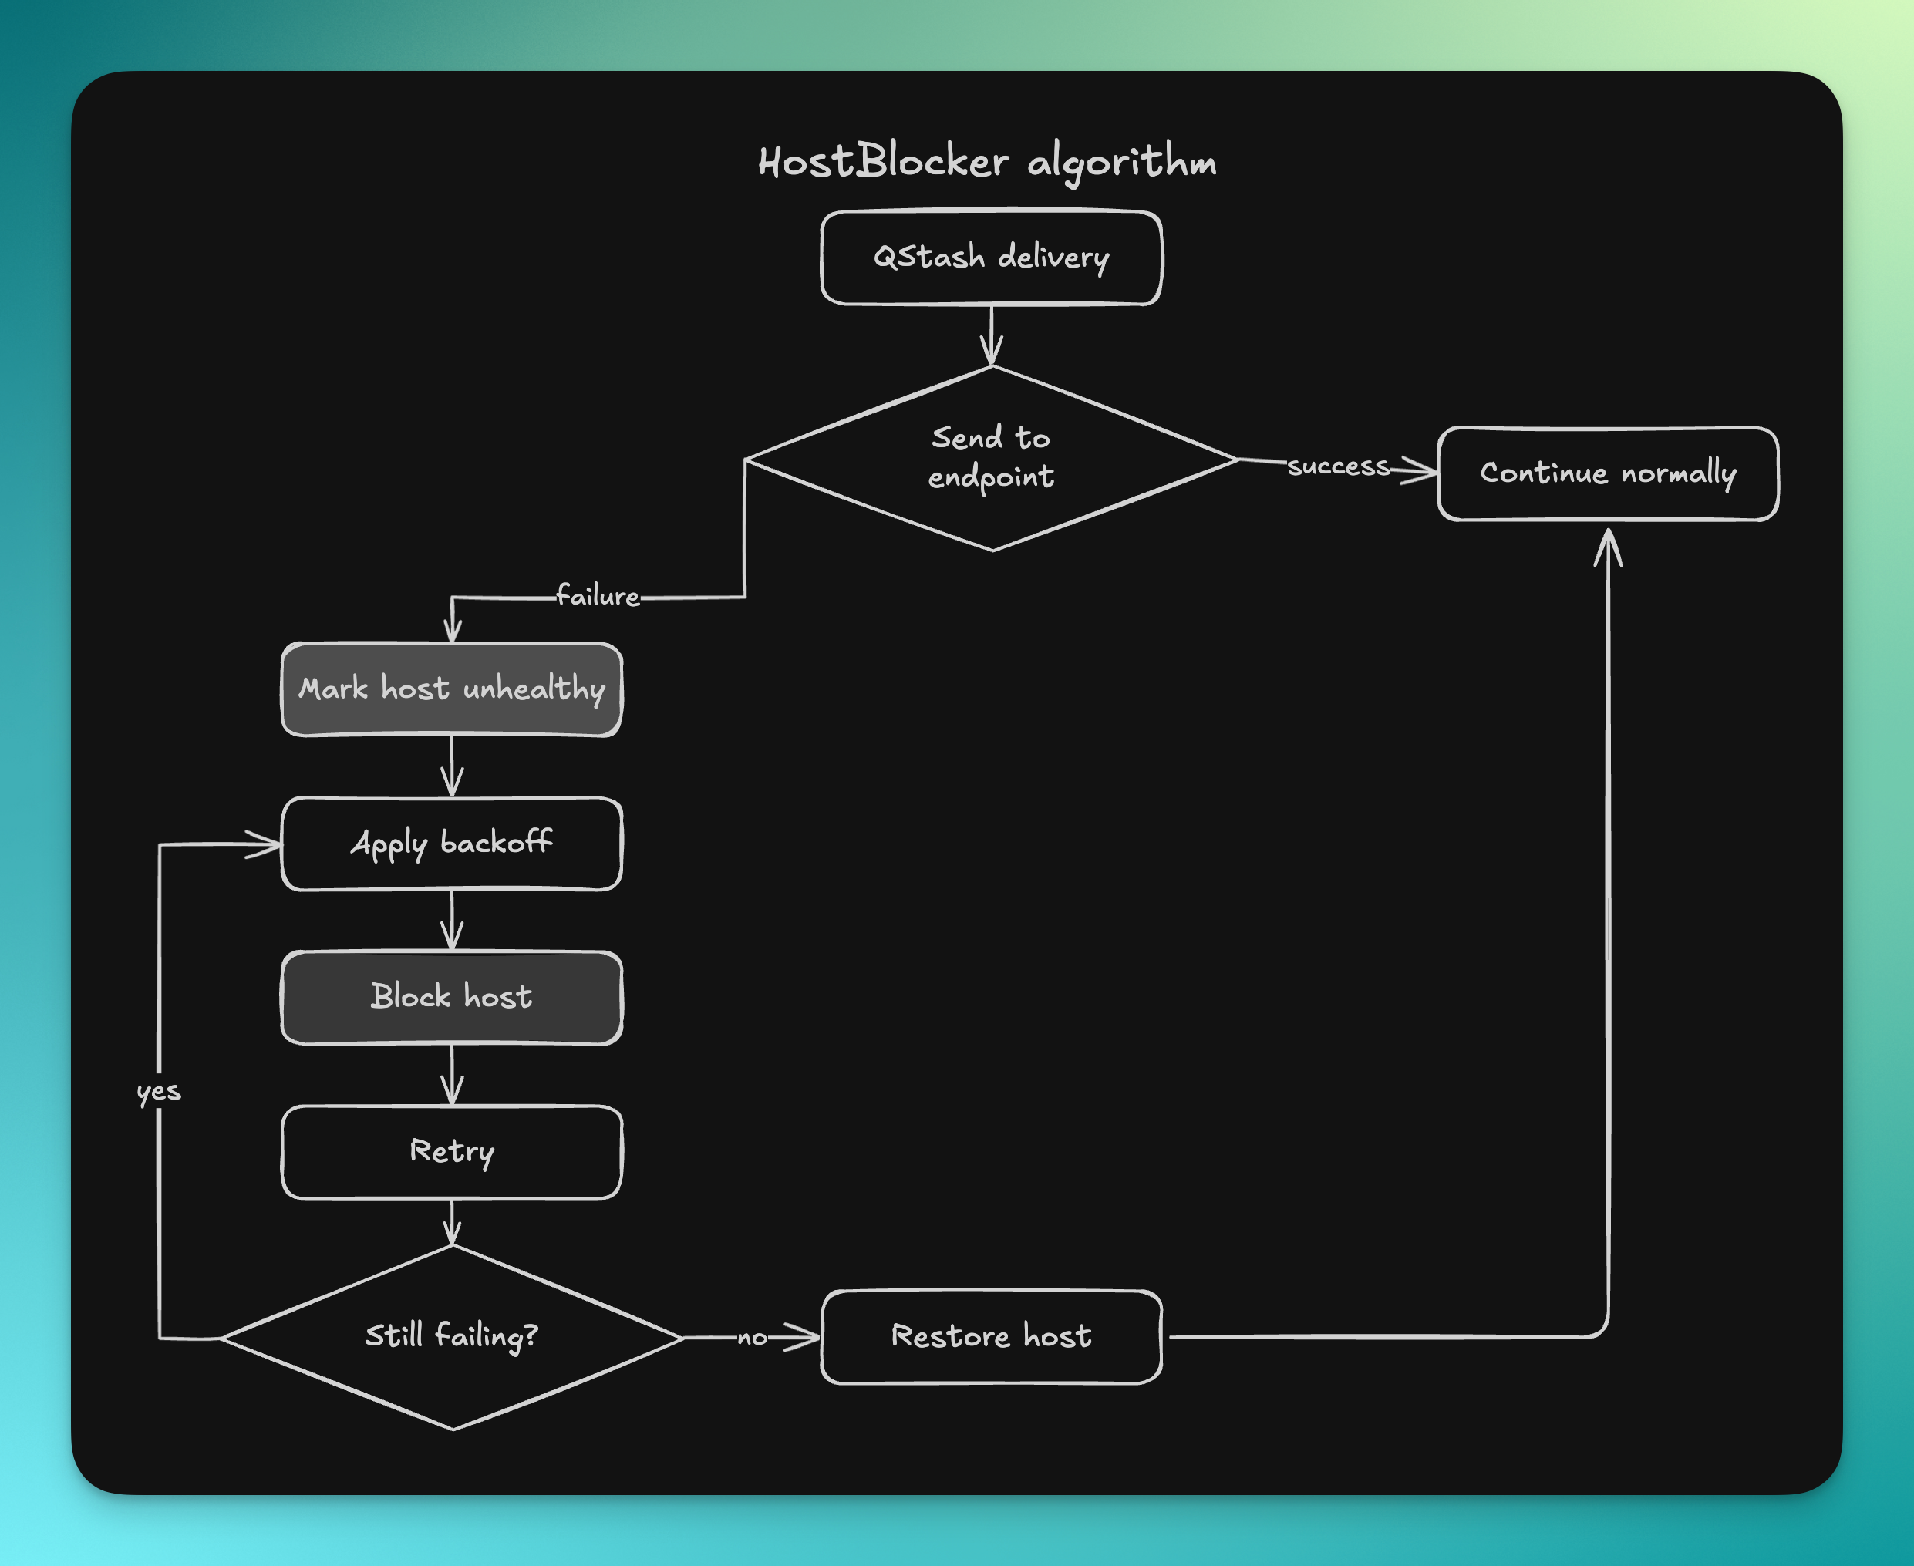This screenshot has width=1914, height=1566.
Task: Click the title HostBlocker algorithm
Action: [x=987, y=163]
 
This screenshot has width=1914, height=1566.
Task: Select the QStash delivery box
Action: [x=991, y=258]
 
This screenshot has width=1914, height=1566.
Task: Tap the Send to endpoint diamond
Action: [x=991, y=458]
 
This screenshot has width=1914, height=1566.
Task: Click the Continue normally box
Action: [x=1607, y=473]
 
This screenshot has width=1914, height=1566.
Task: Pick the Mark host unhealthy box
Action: [x=452, y=689]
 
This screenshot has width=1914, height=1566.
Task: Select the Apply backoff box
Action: [x=452, y=844]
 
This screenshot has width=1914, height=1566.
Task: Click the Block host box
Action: [x=452, y=997]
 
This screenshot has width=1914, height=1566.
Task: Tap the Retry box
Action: [x=452, y=1152]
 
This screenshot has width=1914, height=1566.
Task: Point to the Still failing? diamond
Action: [x=452, y=1336]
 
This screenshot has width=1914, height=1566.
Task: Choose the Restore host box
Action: [x=991, y=1336]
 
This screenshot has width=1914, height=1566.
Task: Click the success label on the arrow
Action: [x=1339, y=466]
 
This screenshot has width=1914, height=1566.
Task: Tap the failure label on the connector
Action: [x=597, y=596]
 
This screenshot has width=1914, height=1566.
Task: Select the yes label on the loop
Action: [x=159, y=1092]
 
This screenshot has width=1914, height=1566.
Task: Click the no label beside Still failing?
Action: [x=751, y=1338]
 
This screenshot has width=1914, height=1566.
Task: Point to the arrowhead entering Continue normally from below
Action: [x=1607, y=546]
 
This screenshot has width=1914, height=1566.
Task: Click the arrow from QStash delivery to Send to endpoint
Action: [x=991, y=335]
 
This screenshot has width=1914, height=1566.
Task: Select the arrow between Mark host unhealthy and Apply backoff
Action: [x=452, y=766]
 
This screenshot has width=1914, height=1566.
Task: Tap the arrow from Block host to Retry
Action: [x=452, y=1076]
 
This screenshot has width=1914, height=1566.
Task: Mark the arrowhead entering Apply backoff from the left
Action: [x=264, y=844]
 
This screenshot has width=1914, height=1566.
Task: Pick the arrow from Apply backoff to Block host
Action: [x=452, y=921]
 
